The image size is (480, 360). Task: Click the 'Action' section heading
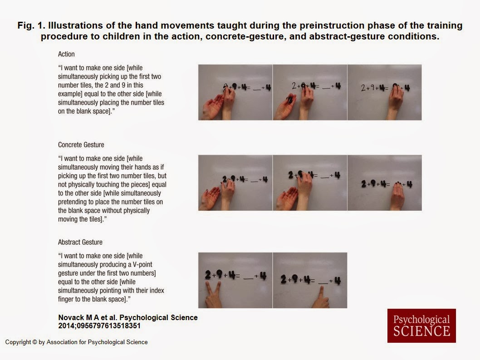pyautogui.click(x=66, y=54)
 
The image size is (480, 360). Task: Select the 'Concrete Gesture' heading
pyautogui.click(x=81, y=145)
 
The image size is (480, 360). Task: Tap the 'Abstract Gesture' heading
pyautogui.click(x=80, y=242)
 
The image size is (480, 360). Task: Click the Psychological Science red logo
pyautogui.click(x=421, y=326)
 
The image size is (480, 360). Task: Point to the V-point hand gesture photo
pyautogui.click(x=235, y=280)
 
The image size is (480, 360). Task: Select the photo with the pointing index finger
pyautogui.click(x=310, y=280)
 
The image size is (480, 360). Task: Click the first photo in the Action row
pyautogui.click(x=235, y=92)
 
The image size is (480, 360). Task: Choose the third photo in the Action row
pyautogui.click(x=384, y=92)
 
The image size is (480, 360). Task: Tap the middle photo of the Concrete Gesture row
pyautogui.click(x=310, y=183)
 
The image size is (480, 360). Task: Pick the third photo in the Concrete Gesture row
pyautogui.click(x=384, y=183)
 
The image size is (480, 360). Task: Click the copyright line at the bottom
pyautogui.click(x=76, y=342)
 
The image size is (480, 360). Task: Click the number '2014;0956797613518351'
pyautogui.click(x=99, y=326)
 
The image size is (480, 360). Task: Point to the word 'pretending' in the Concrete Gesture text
pyautogui.click(x=73, y=202)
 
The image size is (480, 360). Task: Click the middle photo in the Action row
pyautogui.click(x=310, y=92)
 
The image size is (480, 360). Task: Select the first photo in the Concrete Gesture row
pyautogui.click(x=235, y=183)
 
